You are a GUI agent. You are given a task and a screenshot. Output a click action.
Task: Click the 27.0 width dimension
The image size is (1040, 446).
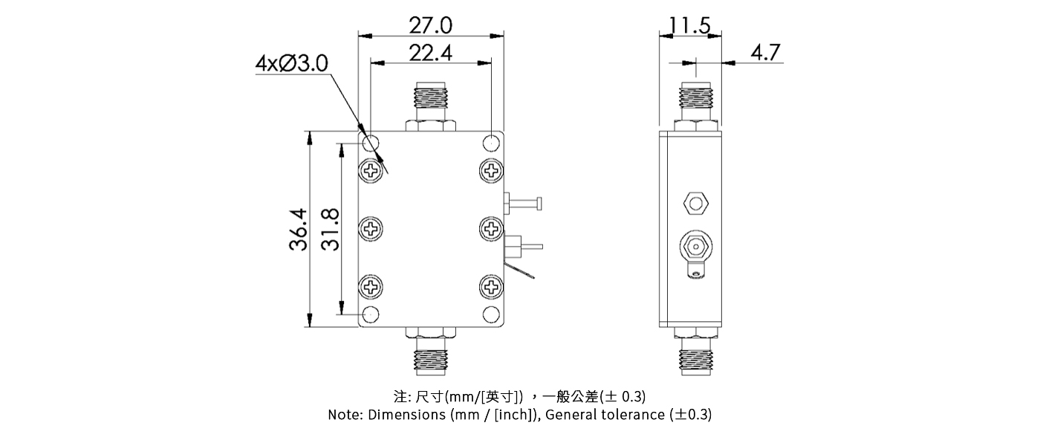(x=431, y=25)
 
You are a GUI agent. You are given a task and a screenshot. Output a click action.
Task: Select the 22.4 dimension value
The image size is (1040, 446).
(x=431, y=53)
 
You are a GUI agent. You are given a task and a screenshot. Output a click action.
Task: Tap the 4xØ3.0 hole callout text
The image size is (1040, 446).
(x=291, y=63)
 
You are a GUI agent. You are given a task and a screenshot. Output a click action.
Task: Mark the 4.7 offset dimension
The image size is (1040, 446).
(x=765, y=53)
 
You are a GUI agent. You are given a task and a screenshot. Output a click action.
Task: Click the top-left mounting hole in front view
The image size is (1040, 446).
(x=371, y=142)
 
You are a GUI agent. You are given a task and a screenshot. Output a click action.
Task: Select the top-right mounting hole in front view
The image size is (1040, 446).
(x=491, y=142)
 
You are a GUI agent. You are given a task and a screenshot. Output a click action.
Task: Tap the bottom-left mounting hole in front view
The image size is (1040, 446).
(x=371, y=314)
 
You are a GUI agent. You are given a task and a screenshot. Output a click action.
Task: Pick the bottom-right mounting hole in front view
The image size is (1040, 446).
(x=491, y=314)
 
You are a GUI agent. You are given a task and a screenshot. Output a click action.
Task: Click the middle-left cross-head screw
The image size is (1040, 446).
(x=371, y=228)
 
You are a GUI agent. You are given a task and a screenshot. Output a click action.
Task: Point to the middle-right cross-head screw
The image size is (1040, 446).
(x=491, y=228)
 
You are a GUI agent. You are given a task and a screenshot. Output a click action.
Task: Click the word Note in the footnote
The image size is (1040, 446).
(x=345, y=415)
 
